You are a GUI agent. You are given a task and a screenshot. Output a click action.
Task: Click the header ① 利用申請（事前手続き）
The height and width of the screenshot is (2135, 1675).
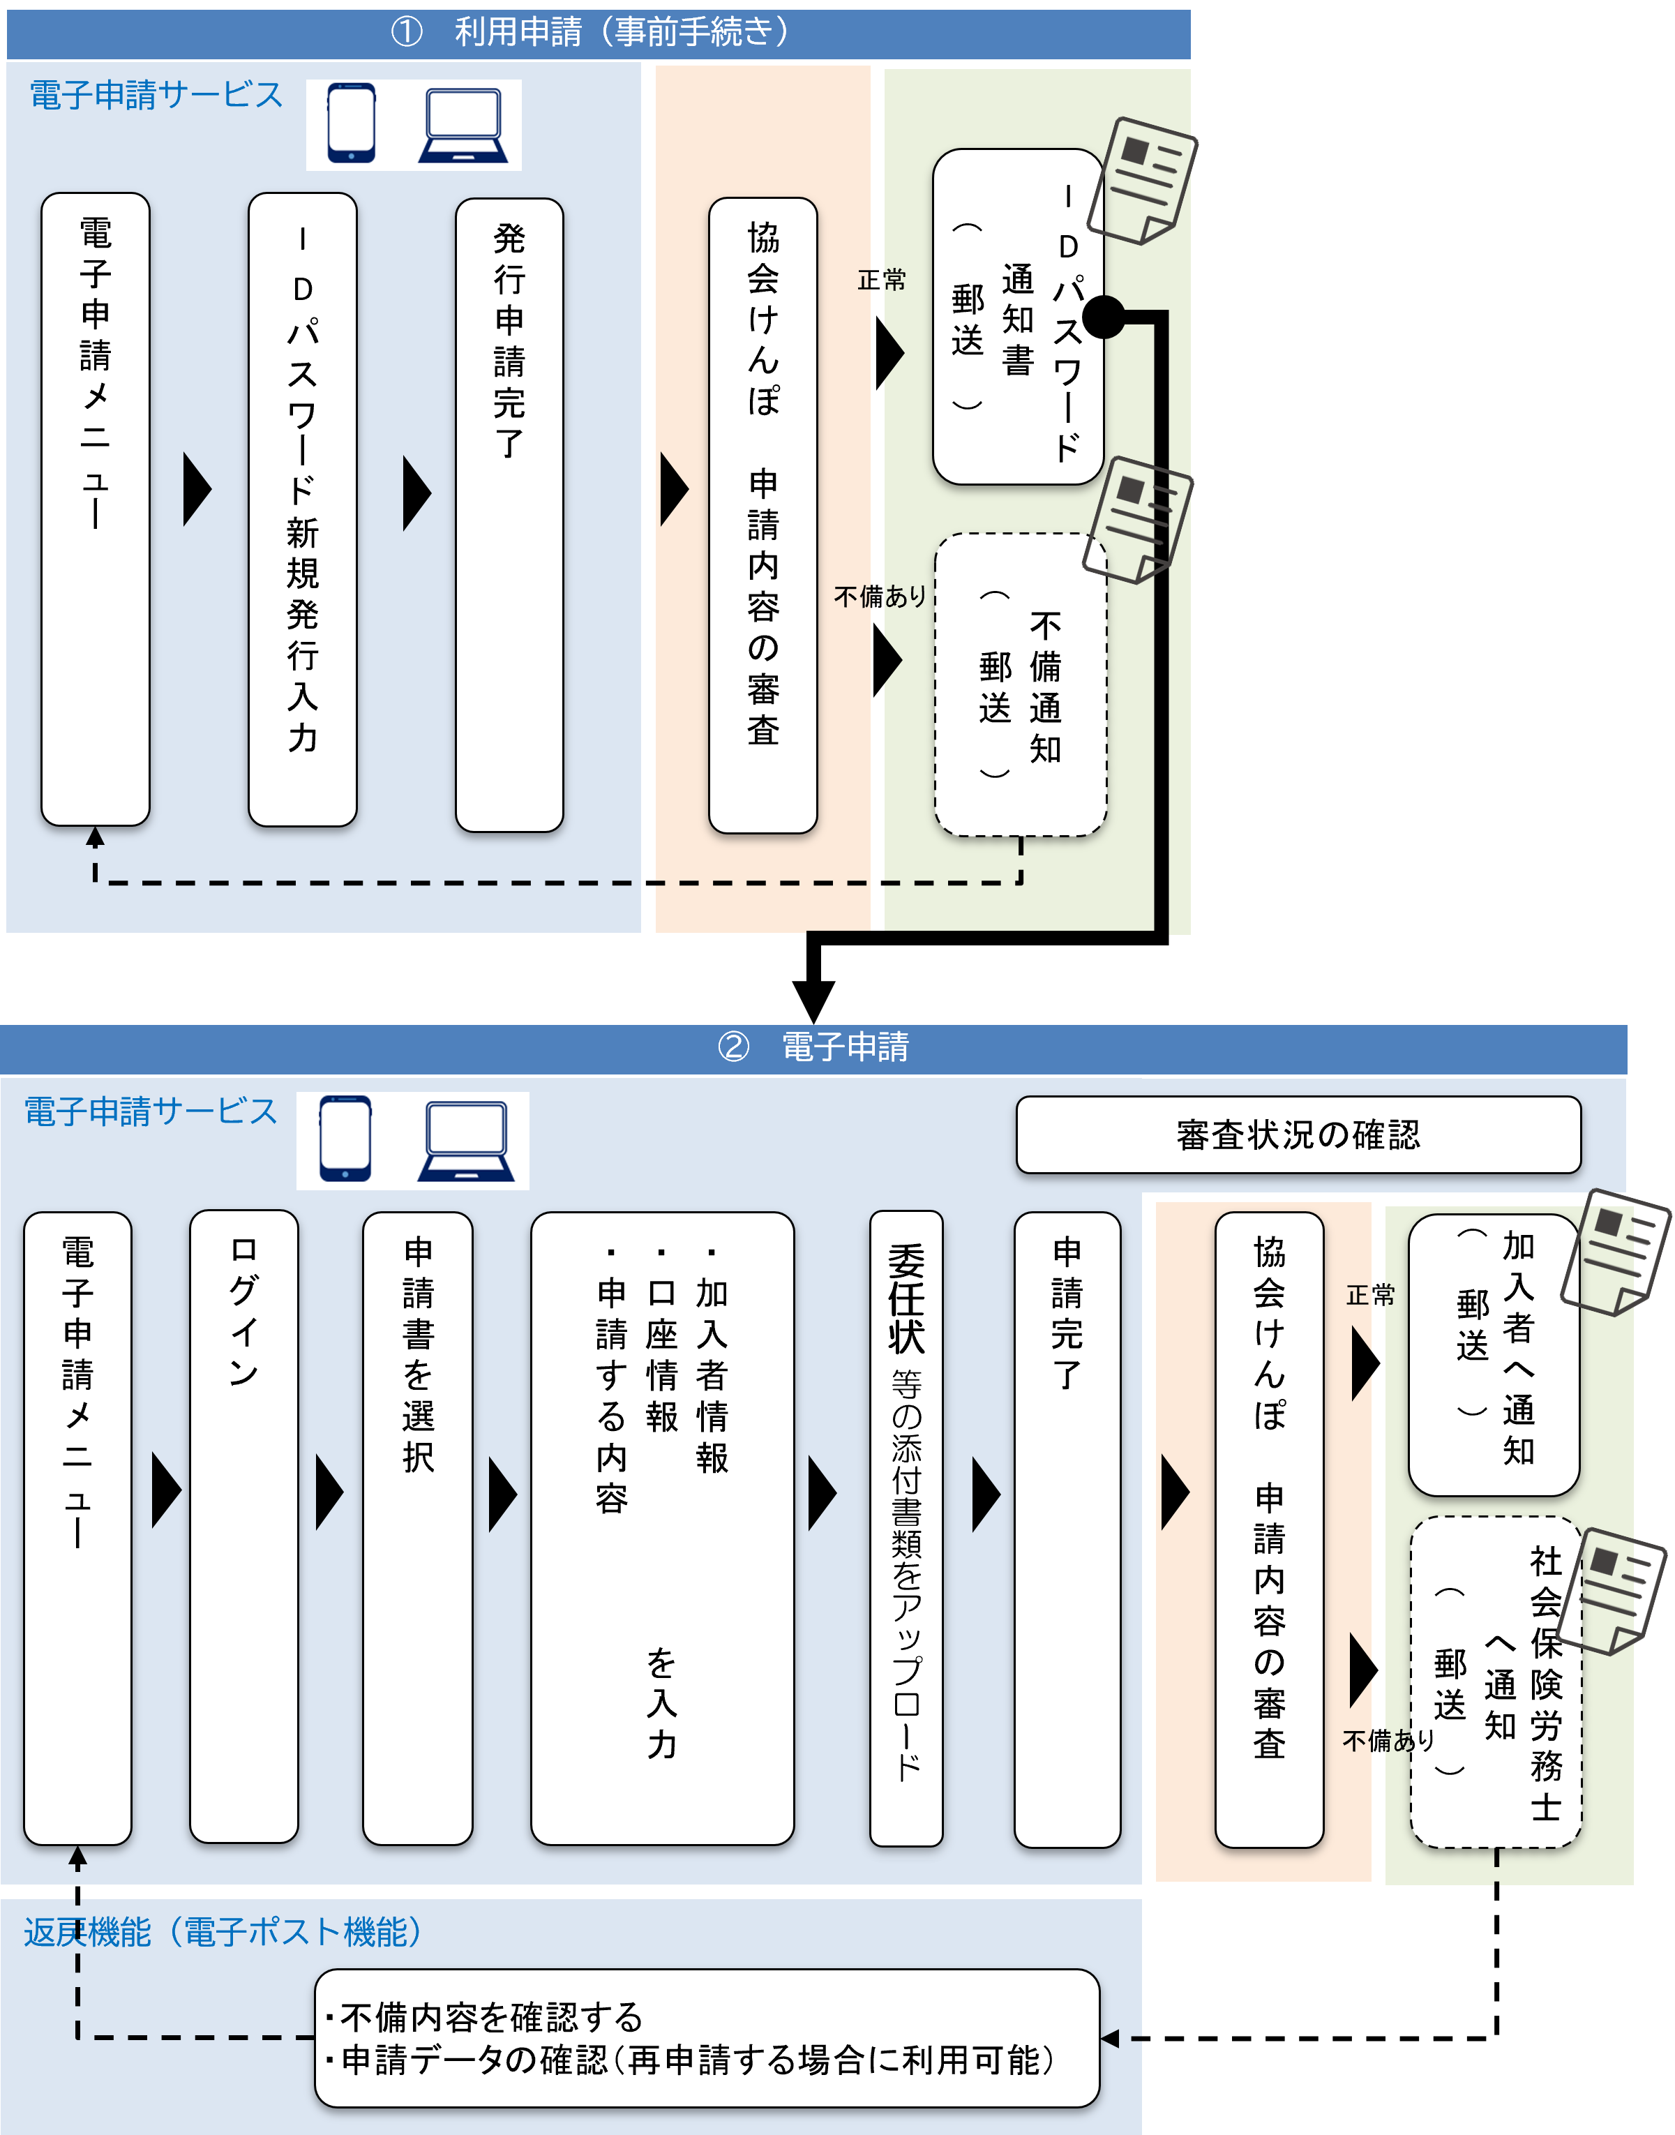[599, 32]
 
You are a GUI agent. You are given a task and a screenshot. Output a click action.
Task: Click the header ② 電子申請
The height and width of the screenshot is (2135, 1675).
[814, 1047]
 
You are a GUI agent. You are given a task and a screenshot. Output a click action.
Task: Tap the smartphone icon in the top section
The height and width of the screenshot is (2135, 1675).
[350, 123]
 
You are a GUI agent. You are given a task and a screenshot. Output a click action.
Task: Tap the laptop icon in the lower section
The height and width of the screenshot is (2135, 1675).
[466, 1141]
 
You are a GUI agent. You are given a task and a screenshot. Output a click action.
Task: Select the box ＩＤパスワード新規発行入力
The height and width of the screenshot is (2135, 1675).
[302, 510]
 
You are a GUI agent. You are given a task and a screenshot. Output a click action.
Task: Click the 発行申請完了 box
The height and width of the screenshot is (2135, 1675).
[509, 515]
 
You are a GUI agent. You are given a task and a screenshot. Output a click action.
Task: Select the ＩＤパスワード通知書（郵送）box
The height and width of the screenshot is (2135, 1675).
[1017, 316]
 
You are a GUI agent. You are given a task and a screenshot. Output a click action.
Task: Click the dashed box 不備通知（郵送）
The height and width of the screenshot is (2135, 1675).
[1020, 684]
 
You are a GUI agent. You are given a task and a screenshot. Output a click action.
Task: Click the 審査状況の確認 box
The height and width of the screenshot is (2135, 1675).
[1298, 1134]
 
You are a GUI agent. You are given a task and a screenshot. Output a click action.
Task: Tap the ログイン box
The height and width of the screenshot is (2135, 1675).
[243, 1527]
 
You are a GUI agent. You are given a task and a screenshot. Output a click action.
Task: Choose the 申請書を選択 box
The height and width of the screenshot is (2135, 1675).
[418, 1529]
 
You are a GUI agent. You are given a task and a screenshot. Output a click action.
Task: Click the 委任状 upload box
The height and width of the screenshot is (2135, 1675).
[906, 1529]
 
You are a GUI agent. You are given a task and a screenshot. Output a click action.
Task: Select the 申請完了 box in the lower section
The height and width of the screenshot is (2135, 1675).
[1067, 1529]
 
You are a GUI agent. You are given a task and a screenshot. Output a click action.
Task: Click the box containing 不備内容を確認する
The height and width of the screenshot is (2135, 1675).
[706, 2038]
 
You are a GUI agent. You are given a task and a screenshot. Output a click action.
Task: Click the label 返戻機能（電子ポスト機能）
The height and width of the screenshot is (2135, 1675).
[224, 1932]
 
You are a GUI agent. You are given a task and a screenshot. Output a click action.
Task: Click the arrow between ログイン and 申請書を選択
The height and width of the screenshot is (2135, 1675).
[329, 1492]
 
